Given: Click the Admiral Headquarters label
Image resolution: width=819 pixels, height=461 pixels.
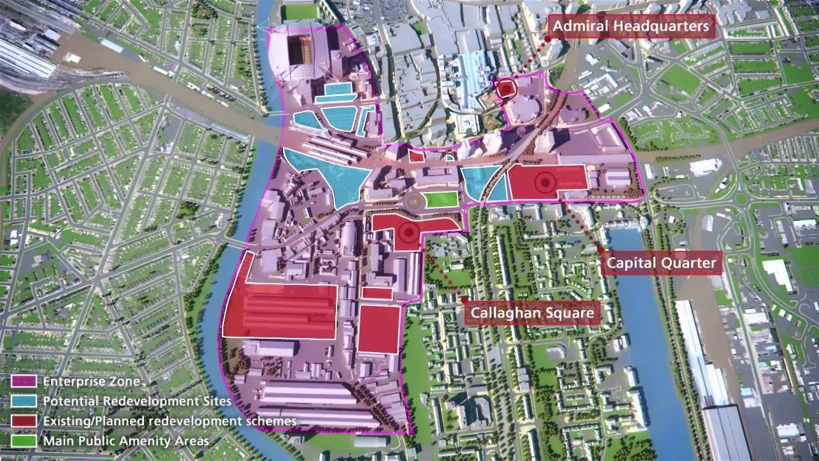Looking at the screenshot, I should point(632,26).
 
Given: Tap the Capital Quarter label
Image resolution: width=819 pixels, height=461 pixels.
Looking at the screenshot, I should point(661,263).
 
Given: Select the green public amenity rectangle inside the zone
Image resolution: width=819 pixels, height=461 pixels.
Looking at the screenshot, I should point(441,199).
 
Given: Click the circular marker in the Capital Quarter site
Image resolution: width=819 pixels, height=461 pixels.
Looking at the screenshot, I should point(545,182).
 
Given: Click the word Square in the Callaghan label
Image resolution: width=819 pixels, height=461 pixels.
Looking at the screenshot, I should point(569,313).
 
